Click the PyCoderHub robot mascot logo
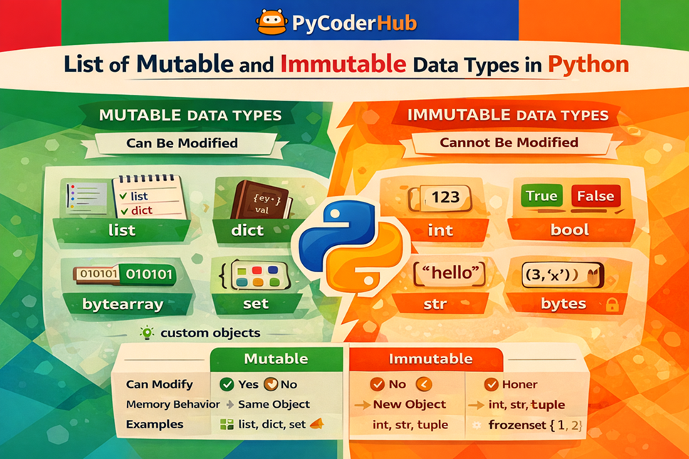(x=272, y=22)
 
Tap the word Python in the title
(x=589, y=64)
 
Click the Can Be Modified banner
(x=182, y=143)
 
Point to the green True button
(x=542, y=196)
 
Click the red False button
(x=595, y=196)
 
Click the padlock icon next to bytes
(x=611, y=305)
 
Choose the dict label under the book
(x=247, y=230)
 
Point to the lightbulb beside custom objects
(x=147, y=332)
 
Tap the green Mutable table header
(x=276, y=359)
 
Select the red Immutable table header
(x=430, y=359)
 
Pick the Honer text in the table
(x=519, y=384)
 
